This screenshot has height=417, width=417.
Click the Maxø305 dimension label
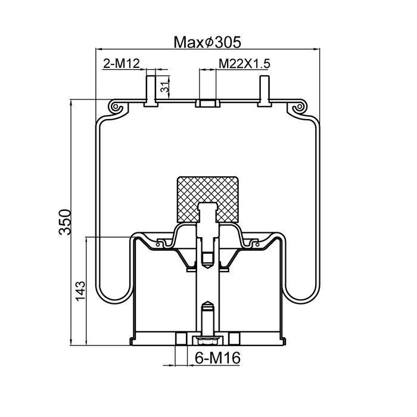(207, 42)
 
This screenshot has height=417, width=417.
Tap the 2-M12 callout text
(122, 64)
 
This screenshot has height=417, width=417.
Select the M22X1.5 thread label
(244, 64)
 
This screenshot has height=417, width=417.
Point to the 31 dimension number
(165, 87)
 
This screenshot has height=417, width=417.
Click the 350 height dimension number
(65, 222)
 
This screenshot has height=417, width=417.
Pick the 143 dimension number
(80, 291)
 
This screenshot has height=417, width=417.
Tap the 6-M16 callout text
(217, 358)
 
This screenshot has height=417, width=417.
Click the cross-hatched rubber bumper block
(207, 199)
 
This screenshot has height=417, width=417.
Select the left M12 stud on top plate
(151, 91)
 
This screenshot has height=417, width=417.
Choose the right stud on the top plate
(264, 91)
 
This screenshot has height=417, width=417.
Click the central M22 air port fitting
(208, 103)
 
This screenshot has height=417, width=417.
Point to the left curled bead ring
(116, 107)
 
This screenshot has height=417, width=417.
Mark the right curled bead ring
(300, 107)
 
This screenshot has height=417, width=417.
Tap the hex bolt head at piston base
(208, 340)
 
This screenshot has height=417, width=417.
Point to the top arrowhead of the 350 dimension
(71, 102)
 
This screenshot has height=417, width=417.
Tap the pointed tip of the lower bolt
(208, 303)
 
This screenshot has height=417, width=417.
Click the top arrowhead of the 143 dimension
(86, 240)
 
